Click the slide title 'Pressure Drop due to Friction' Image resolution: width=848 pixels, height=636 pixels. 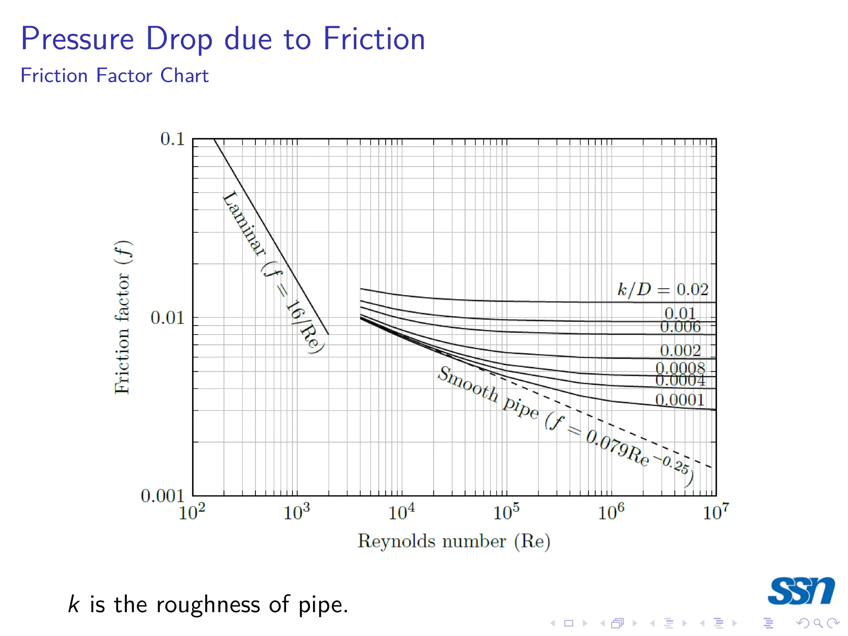tap(223, 39)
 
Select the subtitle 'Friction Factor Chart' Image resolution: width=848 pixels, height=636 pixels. tap(114, 76)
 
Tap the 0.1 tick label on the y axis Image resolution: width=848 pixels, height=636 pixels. tap(172, 139)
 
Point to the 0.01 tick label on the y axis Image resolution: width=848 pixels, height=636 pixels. tap(167, 318)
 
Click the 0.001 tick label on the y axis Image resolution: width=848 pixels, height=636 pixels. tap(162, 496)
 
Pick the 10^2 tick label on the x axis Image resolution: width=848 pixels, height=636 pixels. tap(192, 513)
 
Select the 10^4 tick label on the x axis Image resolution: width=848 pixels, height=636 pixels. tap(401, 513)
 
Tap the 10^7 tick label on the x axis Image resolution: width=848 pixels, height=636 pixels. tap(715, 513)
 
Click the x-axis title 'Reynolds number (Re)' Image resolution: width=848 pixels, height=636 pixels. tap(454, 541)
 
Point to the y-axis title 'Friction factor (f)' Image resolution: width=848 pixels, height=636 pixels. tap(123, 317)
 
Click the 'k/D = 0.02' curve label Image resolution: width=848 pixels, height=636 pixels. tap(662, 289)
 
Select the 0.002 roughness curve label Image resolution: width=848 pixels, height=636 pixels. tap(680, 351)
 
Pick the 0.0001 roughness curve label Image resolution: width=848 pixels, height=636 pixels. tap(679, 400)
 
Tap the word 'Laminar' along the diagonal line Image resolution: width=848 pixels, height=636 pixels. tap(244, 223)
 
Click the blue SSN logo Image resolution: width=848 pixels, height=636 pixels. tap(801, 591)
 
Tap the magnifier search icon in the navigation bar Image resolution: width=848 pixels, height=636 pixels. tap(818, 623)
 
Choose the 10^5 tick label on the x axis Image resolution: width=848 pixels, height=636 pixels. tap(506, 513)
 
